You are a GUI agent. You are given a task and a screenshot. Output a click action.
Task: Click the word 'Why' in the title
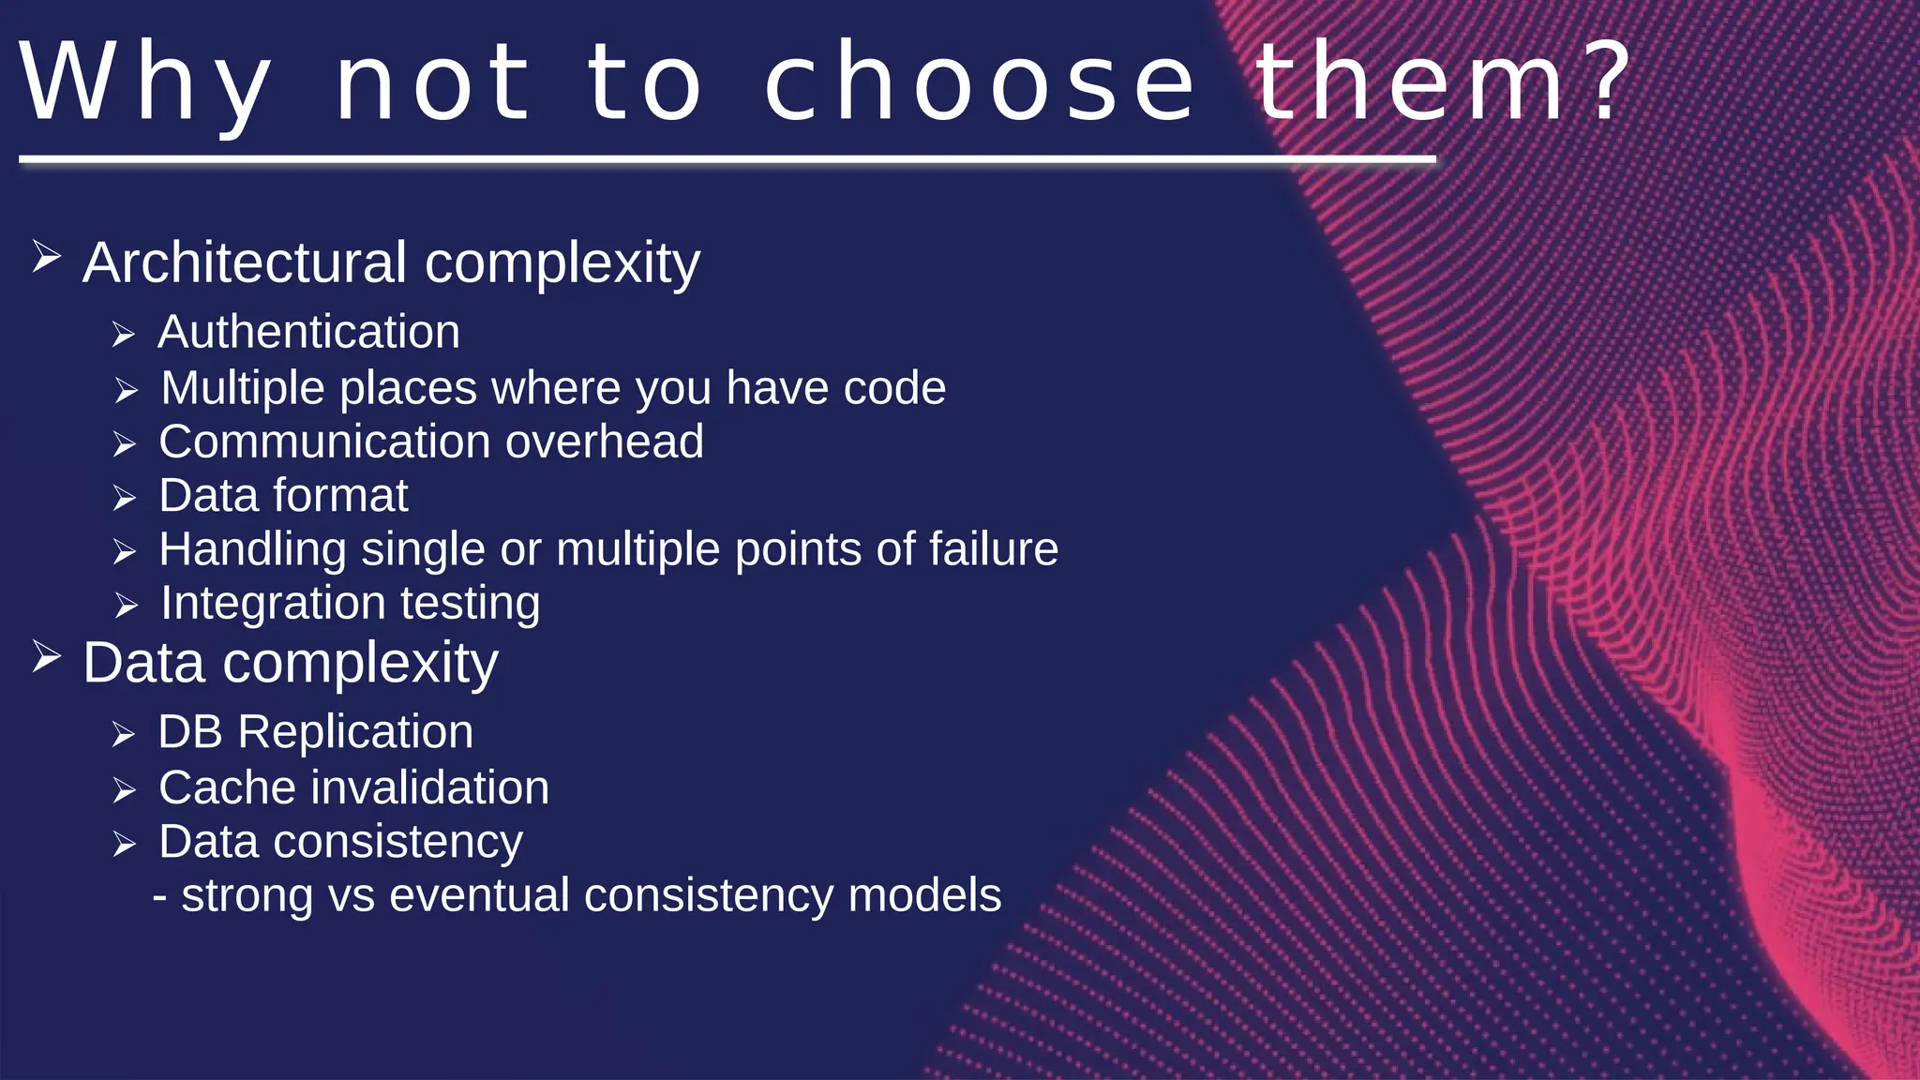(145, 84)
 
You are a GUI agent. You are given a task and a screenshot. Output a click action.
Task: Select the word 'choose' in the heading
(980, 84)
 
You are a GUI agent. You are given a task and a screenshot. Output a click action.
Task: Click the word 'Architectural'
(245, 262)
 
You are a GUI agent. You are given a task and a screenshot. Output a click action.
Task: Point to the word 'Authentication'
(308, 332)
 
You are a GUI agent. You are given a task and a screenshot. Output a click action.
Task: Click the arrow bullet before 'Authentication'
(124, 335)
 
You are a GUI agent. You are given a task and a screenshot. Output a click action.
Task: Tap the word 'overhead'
(604, 442)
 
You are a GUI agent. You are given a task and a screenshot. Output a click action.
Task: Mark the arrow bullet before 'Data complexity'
(46, 656)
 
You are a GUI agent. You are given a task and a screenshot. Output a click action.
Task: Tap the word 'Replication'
(355, 732)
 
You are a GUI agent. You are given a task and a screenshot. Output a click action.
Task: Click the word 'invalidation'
(430, 787)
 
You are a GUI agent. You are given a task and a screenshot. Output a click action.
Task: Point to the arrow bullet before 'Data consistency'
(124, 845)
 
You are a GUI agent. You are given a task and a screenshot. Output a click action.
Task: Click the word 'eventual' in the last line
(478, 895)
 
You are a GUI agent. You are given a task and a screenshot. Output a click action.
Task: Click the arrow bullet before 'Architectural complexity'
(46, 256)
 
